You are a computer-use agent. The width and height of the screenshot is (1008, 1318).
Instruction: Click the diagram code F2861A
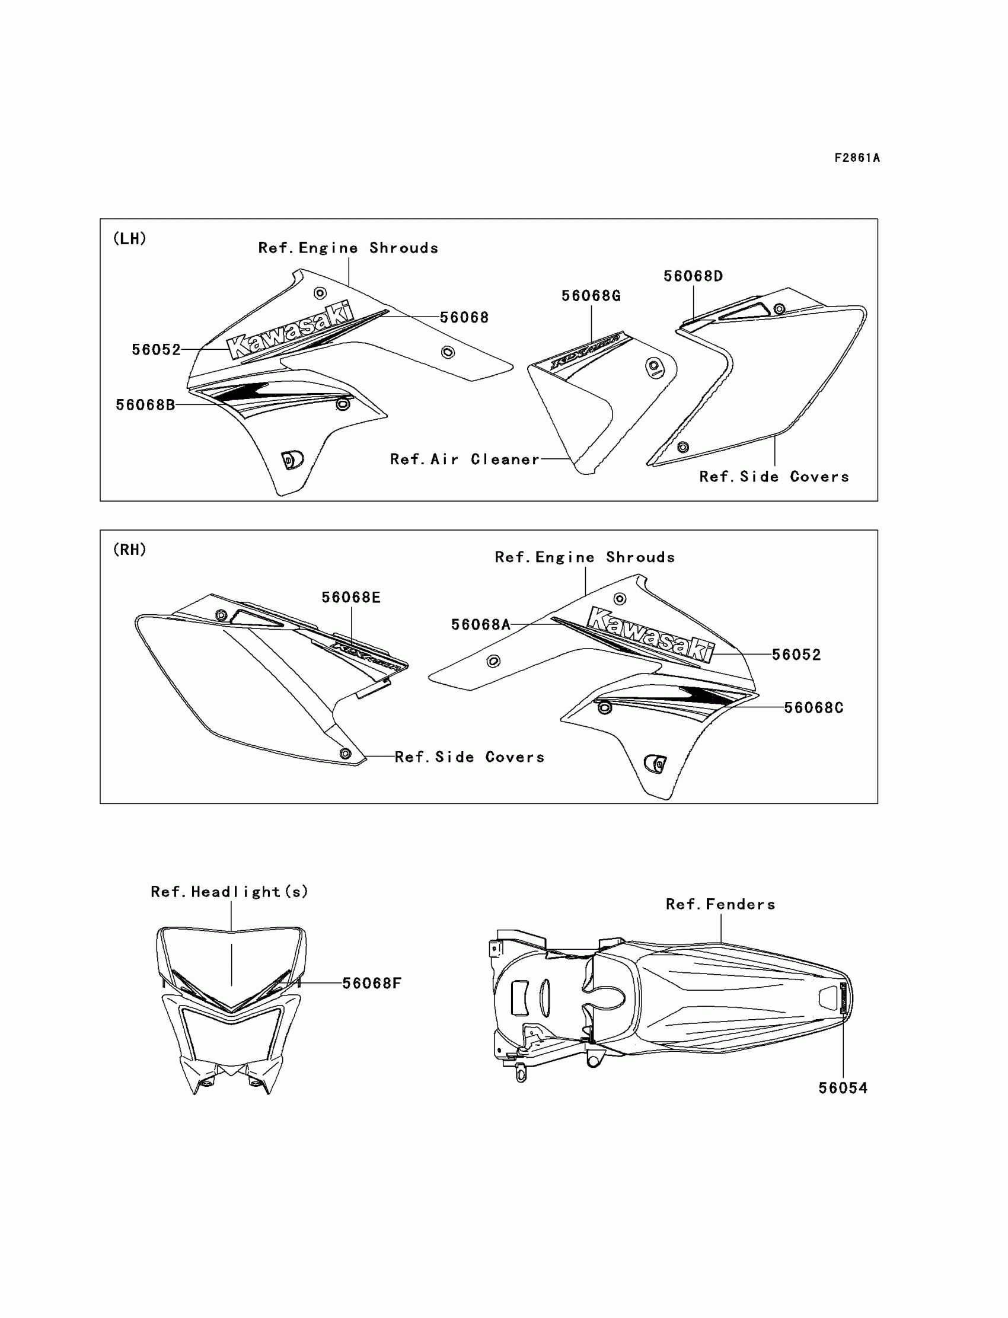click(x=856, y=158)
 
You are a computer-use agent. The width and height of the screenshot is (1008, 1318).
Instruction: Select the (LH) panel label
click(x=130, y=239)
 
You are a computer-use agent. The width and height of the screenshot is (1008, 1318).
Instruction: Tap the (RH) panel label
click(x=130, y=550)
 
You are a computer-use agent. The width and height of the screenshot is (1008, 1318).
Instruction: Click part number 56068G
click(x=591, y=296)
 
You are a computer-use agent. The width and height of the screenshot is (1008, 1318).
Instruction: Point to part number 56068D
click(x=693, y=276)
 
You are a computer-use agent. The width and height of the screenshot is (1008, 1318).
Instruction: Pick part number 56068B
click(x=145, y=405)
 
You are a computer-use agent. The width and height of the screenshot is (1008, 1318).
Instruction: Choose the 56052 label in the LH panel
click(x=156, y=350)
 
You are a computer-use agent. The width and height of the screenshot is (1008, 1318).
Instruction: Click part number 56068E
click(x=351, y=598)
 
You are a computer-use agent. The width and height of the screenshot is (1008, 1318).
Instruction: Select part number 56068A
click(x=481, y=624)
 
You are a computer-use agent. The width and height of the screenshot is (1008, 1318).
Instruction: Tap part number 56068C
click(x=814, y=708)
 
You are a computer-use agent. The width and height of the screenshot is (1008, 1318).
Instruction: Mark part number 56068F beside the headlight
click(x=371, y=983)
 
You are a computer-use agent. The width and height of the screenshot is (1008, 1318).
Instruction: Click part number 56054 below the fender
click(x=843, y=1087)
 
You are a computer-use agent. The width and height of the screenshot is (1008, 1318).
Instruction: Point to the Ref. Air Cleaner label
click(x=464, y=459)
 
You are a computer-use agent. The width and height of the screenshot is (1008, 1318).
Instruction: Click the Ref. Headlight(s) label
click(x=229, y=892)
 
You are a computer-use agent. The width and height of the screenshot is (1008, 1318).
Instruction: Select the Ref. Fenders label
click(x=720, y=904)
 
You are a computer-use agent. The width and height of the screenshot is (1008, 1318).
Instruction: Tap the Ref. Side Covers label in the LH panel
click(x=774, y=477)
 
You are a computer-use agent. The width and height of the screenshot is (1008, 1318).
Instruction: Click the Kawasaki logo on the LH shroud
click(x=290, y=331)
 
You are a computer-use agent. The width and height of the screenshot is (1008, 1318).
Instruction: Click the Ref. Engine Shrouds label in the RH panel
click(x=585, y=557)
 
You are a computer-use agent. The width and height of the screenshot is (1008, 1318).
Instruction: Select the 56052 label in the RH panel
click(x=796, y=655)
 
